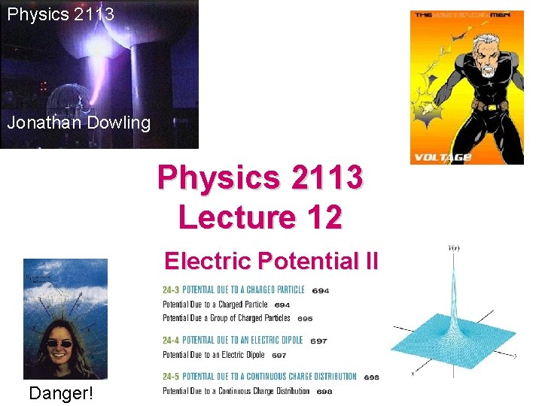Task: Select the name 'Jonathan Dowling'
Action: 79,123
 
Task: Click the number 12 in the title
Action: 326,217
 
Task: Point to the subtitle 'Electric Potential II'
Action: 271,261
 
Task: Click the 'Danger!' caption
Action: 61,392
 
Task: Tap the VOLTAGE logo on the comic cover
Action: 441,156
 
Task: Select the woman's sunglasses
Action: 61,344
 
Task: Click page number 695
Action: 305,319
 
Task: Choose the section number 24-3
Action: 171,290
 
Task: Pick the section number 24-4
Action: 171,341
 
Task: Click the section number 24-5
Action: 171,377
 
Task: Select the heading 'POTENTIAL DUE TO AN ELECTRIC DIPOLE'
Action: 242,341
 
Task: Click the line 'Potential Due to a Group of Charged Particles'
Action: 226,318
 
